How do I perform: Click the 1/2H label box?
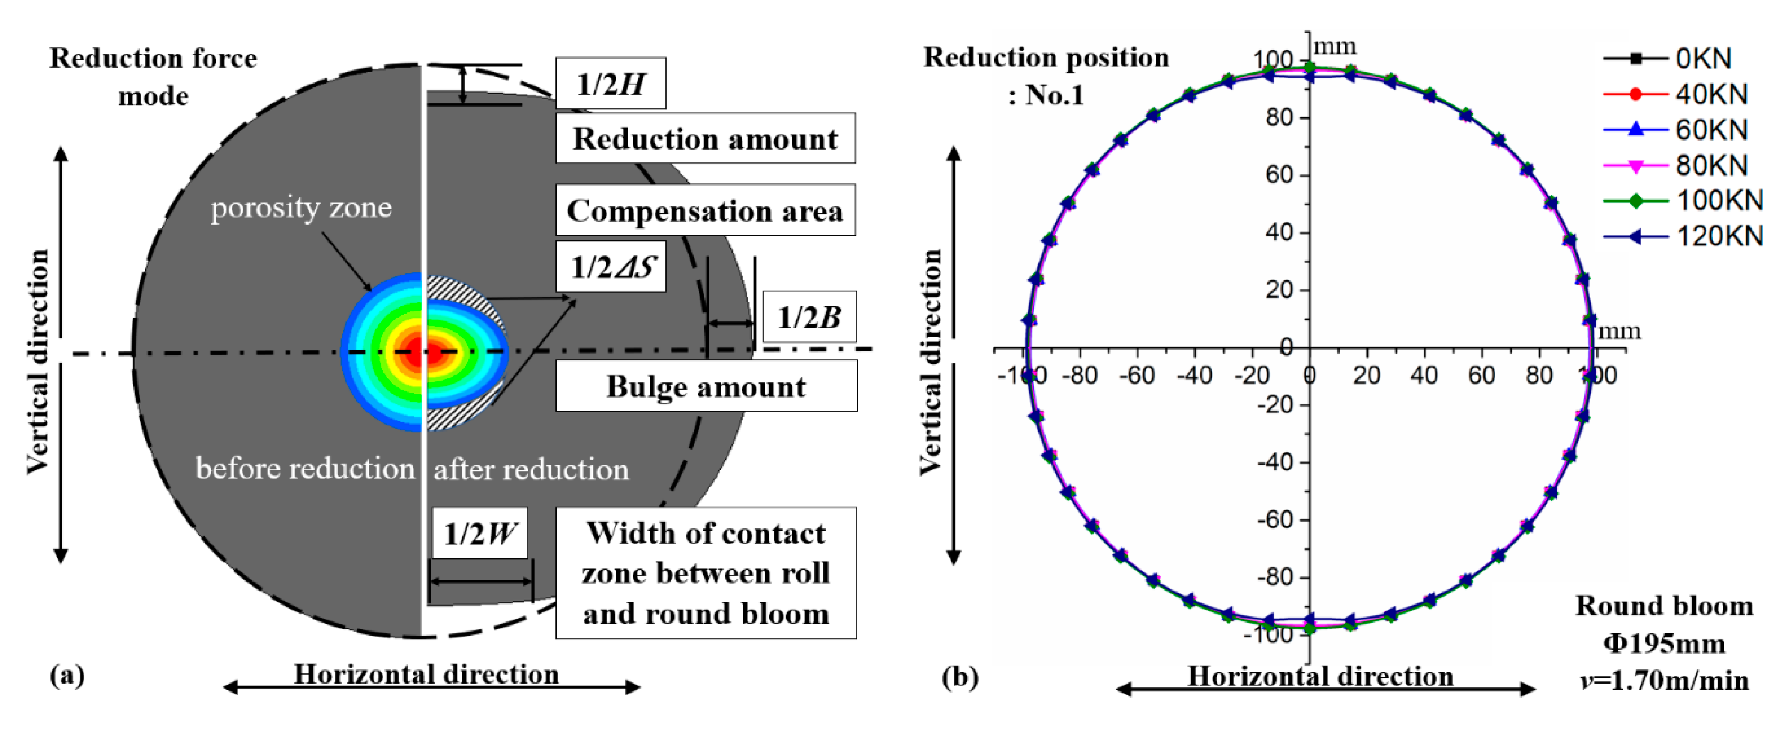tap(610, 84)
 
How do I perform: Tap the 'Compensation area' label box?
tap(705, 211)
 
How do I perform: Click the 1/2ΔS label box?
tap(611, 267)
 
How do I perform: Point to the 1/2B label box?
tap(809, 317)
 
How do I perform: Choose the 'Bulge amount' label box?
tap(706, 386)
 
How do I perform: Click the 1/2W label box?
tap(479, 533)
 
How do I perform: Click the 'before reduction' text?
tap(305, 469)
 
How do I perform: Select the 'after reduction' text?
tap(531, 470)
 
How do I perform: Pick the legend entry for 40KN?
tap(1675, 94)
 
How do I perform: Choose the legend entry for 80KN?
tap(1675, 165)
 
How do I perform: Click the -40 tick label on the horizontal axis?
tap(1194, 375)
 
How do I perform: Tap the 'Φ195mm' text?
tap(1664, 644)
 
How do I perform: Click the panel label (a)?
tap(67, 674)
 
